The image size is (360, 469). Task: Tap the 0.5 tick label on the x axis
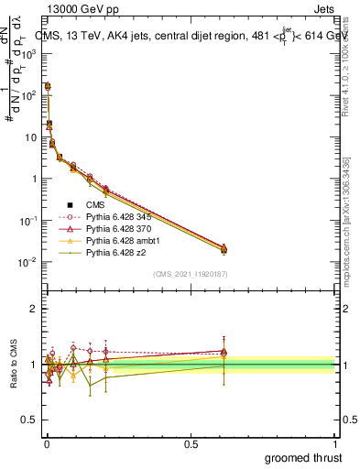click(x=191, y=442)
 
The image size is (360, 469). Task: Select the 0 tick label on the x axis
click(x=47, y=442)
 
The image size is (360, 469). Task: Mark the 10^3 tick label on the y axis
click(x=29, y=53)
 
